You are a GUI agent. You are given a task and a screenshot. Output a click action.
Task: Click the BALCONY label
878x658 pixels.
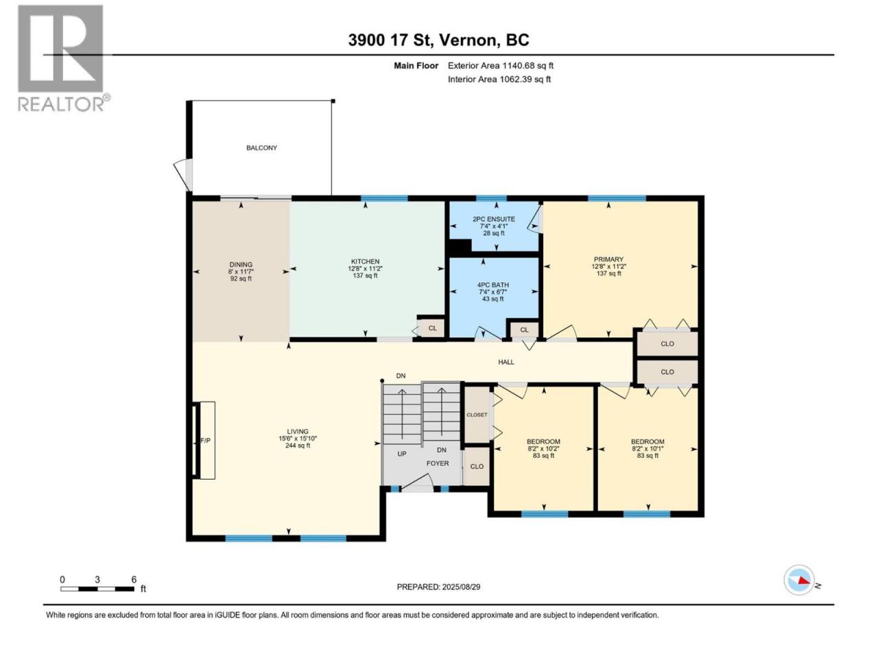261,148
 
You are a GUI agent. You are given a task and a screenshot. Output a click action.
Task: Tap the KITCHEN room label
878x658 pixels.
365,262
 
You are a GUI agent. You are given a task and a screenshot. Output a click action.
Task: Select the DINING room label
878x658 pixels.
241,265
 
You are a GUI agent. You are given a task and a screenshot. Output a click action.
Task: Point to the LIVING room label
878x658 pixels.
298,432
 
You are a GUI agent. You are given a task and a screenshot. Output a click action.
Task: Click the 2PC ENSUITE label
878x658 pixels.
494,219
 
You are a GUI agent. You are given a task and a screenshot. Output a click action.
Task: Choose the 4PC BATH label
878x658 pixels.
493,285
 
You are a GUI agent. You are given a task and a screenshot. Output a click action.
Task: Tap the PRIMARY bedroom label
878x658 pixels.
608,259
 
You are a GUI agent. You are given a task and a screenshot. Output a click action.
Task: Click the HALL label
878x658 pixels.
506,362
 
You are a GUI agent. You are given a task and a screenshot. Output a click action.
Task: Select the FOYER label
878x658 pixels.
438,463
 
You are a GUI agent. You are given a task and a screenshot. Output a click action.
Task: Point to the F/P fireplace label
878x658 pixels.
205,441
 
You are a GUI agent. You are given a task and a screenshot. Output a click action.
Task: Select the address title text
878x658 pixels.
438,40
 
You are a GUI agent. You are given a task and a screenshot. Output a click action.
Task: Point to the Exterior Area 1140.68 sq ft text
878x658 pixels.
501,66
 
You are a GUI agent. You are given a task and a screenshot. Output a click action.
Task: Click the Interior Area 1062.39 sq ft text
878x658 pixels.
499,79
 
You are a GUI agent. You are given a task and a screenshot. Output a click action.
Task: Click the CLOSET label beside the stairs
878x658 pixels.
477,415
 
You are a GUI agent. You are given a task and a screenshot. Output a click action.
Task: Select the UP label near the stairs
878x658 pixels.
401,454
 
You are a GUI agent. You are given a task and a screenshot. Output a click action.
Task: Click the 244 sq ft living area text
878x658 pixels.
298,446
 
